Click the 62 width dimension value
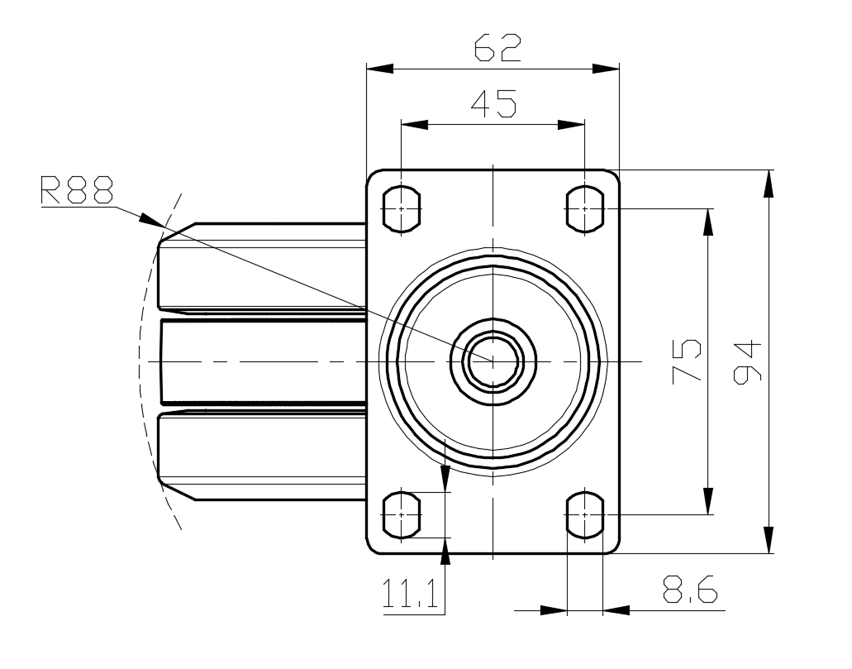point(497,48)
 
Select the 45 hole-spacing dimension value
point(493,103)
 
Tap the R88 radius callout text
point(77,189)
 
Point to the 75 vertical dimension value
point(687,361)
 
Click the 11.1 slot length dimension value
point(410,593)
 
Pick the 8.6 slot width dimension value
point(691,589)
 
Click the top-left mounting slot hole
point(402,208)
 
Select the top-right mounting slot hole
point(584,208)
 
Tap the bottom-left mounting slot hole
point(402,514)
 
